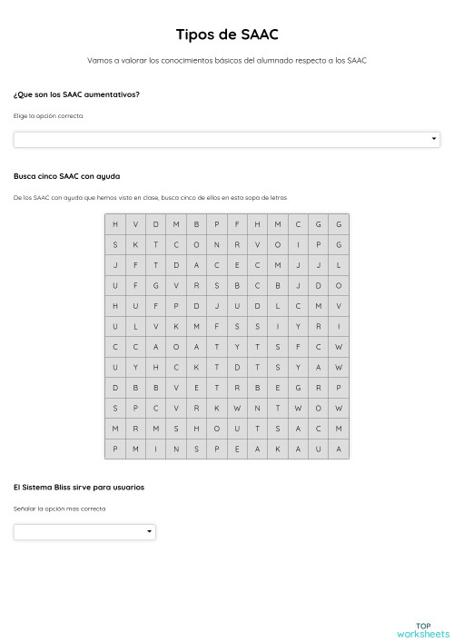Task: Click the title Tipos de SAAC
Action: click(x=227, y=35)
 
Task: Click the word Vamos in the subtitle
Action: click(x=98, y=61)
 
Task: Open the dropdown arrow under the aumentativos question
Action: click(x=433, y=140)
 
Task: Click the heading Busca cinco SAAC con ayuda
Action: click(x=67, y=176)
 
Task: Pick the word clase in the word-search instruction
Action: click(x=136, y=197)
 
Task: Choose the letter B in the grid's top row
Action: click(x=197, y=224)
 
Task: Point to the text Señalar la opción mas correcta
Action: click(x=60, y=509)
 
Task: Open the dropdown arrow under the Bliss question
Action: click(x=149, y=532)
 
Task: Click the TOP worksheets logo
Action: click(x=422, y=629)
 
